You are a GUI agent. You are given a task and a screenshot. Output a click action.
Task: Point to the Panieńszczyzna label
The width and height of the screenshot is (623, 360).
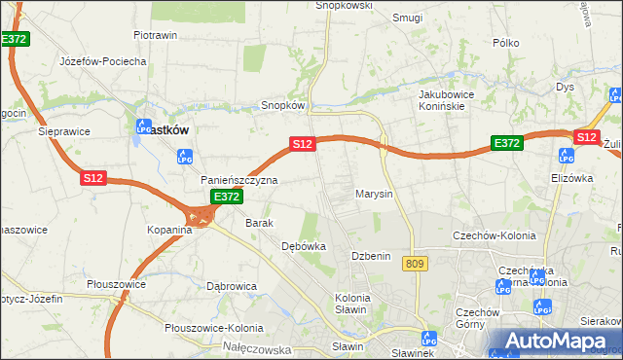tap(239, 181)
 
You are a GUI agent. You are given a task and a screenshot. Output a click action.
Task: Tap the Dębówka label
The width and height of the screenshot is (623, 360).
tap(303, 247)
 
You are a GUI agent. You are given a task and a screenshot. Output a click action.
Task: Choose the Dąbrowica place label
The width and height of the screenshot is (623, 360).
tap(231, 286)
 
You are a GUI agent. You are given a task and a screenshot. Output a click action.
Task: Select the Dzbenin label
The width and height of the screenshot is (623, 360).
tap(370, 256)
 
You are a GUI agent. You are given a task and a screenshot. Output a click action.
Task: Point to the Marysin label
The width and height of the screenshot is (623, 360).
tap(374, 194)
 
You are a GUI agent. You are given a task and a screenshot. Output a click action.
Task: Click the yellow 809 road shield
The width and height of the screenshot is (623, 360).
tap(416, 264)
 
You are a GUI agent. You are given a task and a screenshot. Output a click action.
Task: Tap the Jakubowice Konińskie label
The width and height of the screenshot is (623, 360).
tap(452, 100)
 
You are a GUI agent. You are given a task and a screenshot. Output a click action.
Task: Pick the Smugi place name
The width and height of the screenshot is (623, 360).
tap(406, 18)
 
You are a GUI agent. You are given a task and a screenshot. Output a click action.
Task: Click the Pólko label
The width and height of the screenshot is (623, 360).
tap(506, 43)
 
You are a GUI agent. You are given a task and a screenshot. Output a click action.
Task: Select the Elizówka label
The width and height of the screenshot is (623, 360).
tap(570, 178)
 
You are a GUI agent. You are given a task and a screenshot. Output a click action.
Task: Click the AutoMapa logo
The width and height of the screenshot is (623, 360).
tap(557, 341)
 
